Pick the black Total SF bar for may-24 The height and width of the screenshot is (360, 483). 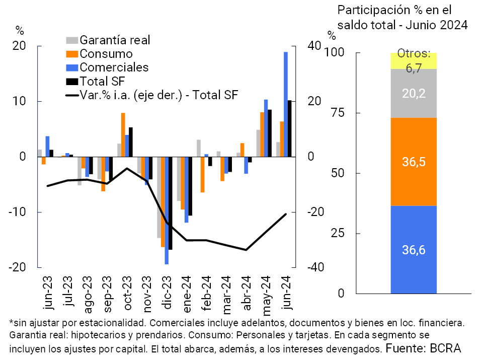point(270,133)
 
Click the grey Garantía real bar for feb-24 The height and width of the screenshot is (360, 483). point(199,148)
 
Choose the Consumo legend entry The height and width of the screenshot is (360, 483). point(106,54)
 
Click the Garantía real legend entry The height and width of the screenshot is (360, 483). point(115,40)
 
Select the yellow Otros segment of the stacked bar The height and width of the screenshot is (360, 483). point(414,61)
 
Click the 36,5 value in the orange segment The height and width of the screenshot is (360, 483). point(414,162)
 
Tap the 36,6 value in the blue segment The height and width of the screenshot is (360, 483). point(414,249)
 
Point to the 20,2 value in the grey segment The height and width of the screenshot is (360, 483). point(414,93)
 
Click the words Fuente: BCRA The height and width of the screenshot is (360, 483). point(423,347)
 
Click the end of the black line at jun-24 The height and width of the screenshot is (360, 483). point(286,214)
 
